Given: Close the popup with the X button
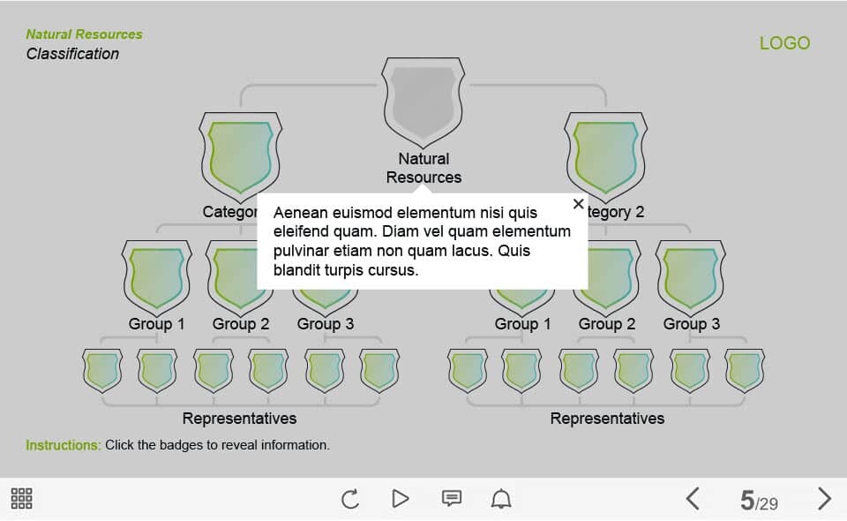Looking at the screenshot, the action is pos(578,204).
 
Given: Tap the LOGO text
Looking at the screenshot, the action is pos(784,43).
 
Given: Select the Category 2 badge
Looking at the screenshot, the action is pos(605,156).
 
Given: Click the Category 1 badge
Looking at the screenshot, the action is pos(240,156).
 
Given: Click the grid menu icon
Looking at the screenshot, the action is pos(21,498).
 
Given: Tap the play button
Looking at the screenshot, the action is pos(401,498).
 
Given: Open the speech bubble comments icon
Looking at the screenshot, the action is pos(452,498).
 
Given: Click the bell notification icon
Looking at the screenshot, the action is pos(501,498).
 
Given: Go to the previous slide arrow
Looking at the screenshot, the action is pos(693,498).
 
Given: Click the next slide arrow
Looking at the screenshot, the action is pos(824,498).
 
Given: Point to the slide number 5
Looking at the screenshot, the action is pos(747,501).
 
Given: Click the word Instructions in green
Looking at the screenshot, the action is pos(64,445).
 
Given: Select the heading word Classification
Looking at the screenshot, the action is pos(72,54).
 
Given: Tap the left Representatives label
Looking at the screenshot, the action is pos(239,419).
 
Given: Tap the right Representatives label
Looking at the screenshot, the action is pos(607,419).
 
